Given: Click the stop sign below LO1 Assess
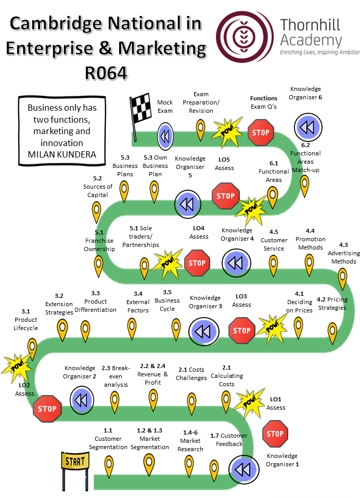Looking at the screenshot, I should click(x=274, y=434).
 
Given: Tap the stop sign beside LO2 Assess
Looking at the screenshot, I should click(x=47, y=409).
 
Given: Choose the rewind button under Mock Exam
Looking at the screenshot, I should click(x=165, y=136).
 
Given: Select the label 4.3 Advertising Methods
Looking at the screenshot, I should click(x=343, y=253).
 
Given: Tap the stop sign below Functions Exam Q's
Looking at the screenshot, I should click(x=261, y=133).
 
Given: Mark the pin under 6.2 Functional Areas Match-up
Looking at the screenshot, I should click(x=305, y=185).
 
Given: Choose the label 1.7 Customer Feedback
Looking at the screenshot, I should click(x=227, y=440).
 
